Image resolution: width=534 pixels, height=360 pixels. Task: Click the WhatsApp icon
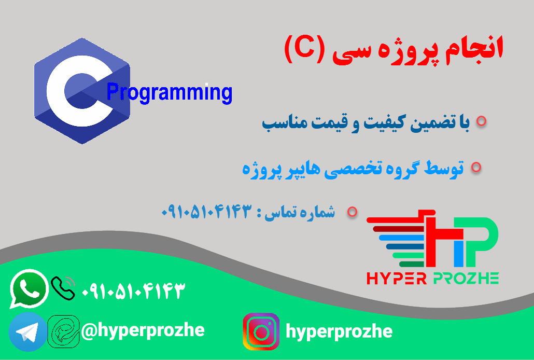point(29,288)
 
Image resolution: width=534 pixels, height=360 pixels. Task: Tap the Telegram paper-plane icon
point(27,331)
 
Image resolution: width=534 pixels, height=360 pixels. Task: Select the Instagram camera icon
point(261,331)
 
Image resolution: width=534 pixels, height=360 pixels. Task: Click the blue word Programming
point(169,93)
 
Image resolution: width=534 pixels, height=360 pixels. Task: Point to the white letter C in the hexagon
point(70,91)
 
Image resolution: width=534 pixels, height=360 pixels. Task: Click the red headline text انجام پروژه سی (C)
point(394,50)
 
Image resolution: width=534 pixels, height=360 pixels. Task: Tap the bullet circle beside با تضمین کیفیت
point(481,121)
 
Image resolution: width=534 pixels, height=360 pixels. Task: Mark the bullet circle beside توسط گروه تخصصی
point(475,167)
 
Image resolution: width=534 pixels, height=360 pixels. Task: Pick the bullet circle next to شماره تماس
point(353,211)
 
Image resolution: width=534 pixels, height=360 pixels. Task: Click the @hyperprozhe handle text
point(143,329)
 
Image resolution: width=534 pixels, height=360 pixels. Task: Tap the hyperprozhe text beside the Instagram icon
point(339,331)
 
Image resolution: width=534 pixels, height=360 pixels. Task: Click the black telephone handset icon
point(63,287)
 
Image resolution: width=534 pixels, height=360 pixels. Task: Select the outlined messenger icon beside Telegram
point(63,330)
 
